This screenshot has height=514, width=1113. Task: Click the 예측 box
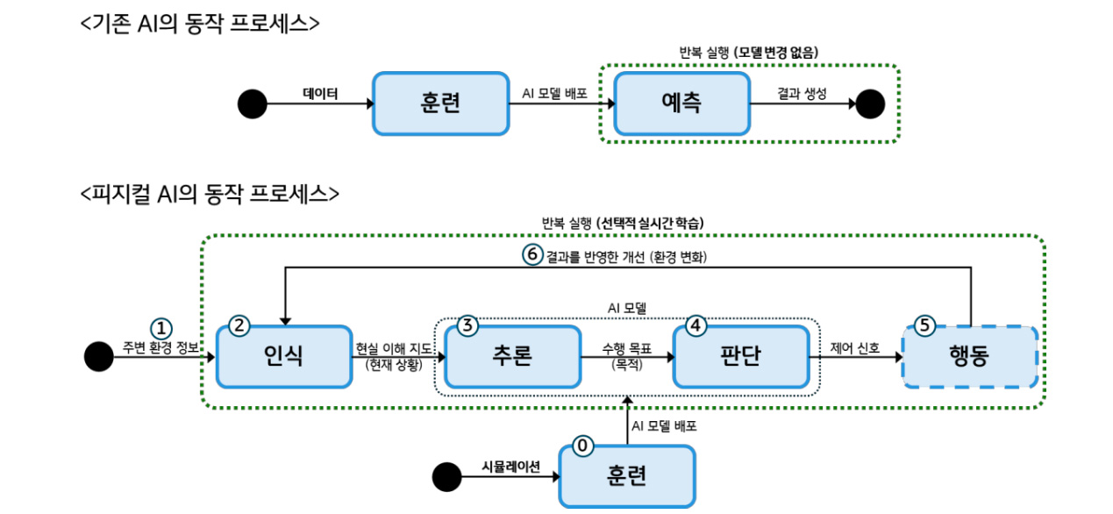681,104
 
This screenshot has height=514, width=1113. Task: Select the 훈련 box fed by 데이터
440,104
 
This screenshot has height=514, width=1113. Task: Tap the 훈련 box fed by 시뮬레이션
626,476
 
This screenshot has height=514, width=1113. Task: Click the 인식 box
283,356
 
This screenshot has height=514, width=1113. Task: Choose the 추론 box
512,356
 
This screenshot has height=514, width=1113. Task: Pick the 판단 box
740,356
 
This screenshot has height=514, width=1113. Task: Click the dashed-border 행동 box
969,356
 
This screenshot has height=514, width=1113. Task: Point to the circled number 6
532,255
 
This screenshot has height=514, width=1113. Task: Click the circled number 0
582,446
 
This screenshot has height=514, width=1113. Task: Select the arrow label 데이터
320,92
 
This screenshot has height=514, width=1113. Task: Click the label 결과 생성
802,92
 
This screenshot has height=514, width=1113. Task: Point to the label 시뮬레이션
511,466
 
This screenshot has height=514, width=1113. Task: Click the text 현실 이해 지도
393,348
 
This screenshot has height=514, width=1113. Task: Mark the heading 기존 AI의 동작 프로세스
200,24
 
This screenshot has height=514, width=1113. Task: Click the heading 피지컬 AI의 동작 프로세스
210,193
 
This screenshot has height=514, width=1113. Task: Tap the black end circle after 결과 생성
870,104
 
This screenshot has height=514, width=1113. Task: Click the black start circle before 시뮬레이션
447,477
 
